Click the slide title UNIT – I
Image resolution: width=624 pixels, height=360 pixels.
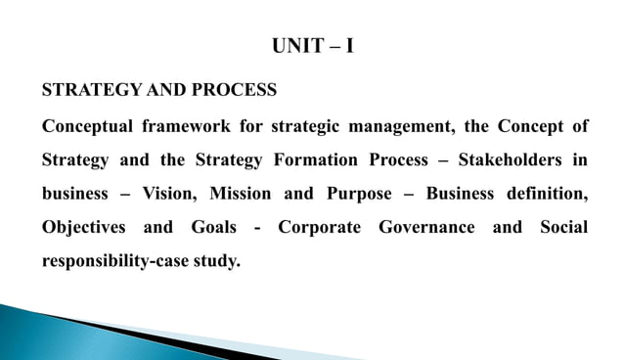tap(311, 45)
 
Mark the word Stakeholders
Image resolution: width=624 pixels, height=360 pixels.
tap(513, 158)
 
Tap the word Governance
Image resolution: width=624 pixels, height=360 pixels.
tap(426, 227)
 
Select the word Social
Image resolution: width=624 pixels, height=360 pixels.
tap(564, 227)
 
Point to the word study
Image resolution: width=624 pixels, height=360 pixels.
tap(216, 261)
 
